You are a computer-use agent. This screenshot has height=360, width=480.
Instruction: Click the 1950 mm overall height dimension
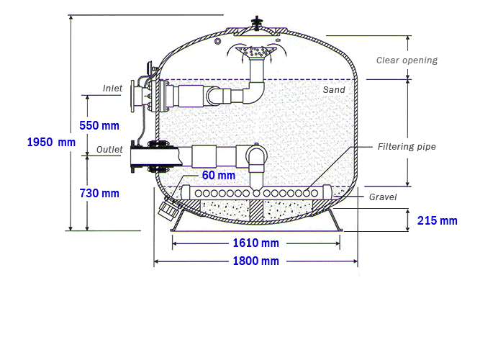point(51,142)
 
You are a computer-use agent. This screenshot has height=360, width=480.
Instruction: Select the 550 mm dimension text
point(99,125)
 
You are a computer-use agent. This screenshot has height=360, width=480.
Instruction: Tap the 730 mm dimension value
point(99,194)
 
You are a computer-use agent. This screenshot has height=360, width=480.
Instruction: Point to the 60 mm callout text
point(219,175)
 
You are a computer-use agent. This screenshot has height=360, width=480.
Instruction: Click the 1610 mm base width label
point(256,243)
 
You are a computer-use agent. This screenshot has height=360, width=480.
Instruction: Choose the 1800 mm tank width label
point(256,261)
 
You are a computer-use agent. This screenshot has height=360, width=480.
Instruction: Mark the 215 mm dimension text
point(437,220)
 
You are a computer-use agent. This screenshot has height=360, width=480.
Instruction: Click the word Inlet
point(112,89)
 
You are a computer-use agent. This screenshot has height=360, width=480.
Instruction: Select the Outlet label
point(109,150)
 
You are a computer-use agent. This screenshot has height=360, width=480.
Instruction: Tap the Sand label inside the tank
point(334,90)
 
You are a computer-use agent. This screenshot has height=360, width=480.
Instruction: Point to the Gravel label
point(383,197)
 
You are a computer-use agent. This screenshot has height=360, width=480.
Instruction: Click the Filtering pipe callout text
point(407,147)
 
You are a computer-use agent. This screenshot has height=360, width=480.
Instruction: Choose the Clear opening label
point(407,60)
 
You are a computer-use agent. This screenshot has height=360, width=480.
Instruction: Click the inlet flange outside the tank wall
point(133,96)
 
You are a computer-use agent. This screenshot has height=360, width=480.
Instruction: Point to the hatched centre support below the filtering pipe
point(256,210)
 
